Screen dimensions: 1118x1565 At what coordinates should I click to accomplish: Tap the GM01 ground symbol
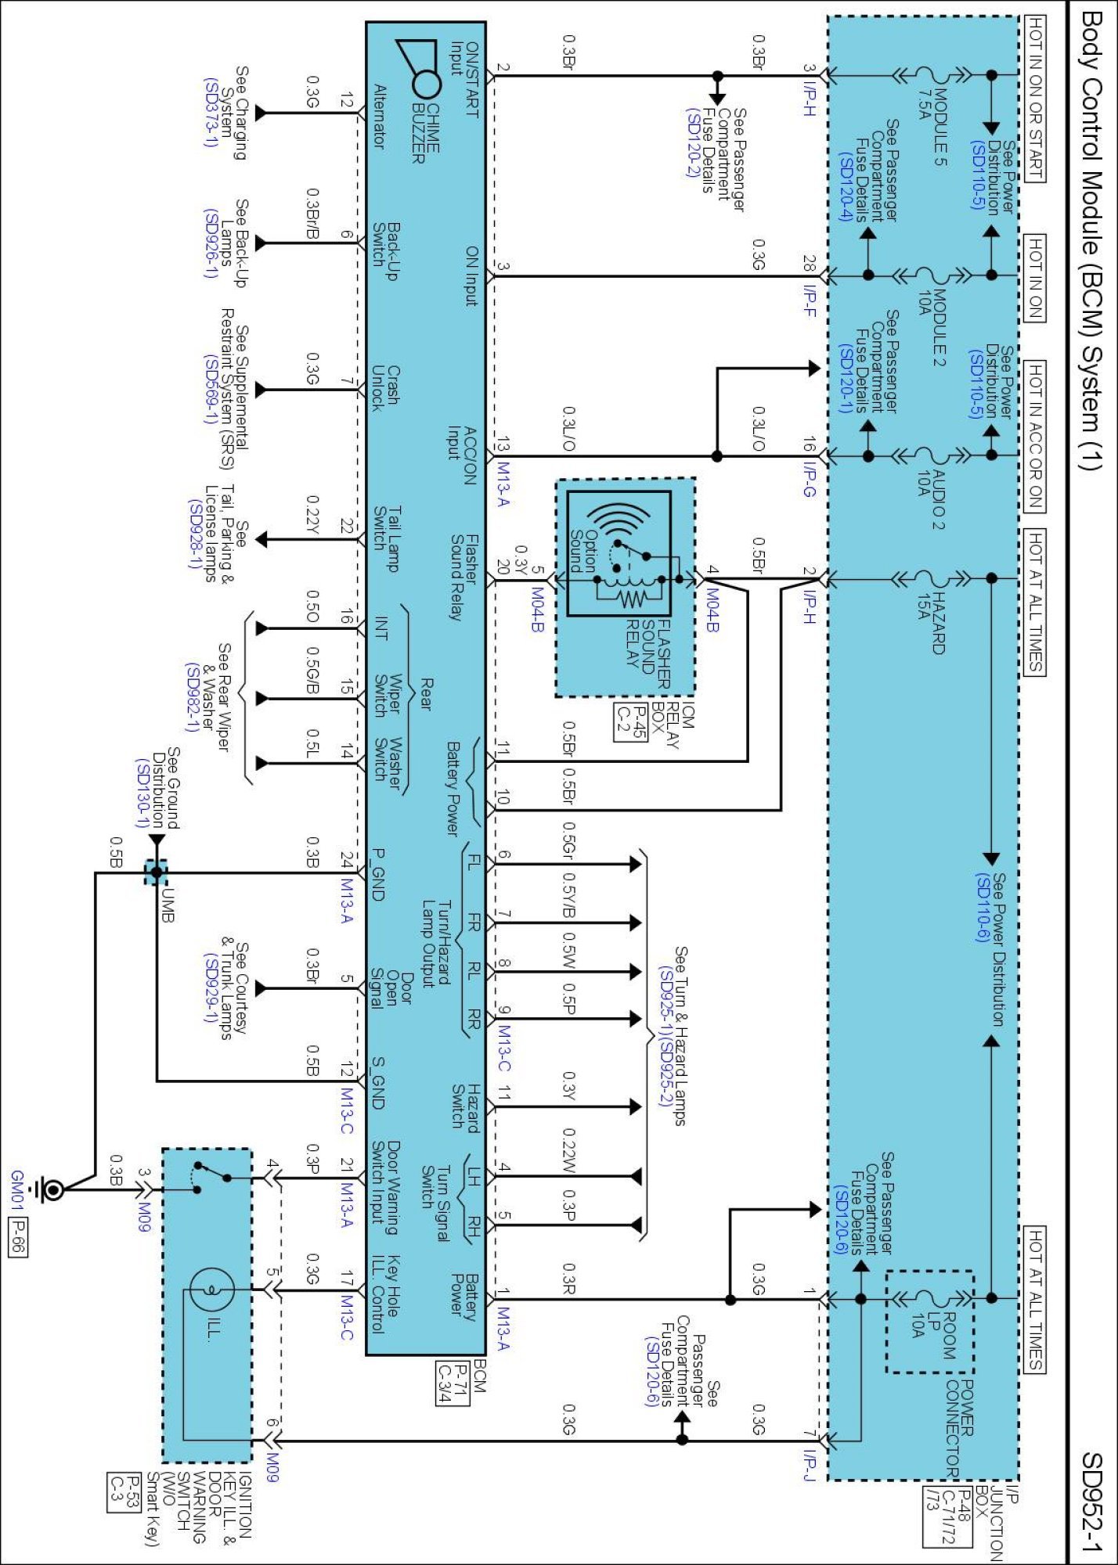point(51,1191)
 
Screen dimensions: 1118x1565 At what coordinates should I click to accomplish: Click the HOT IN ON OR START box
point(1034,99)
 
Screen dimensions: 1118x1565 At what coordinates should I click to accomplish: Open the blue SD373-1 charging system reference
point(211,112)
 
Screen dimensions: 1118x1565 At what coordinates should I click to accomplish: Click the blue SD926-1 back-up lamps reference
point(210,243)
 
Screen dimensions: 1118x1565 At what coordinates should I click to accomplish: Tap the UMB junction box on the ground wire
point(157,872)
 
